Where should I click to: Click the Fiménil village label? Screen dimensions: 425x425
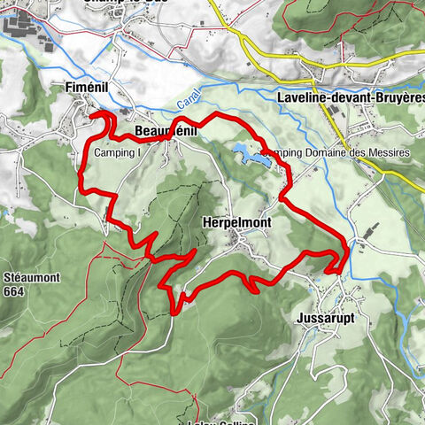pos(91,88)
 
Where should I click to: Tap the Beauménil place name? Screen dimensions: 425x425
pos(166,131)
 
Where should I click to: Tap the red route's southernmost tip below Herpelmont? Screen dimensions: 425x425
pos(174,307)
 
